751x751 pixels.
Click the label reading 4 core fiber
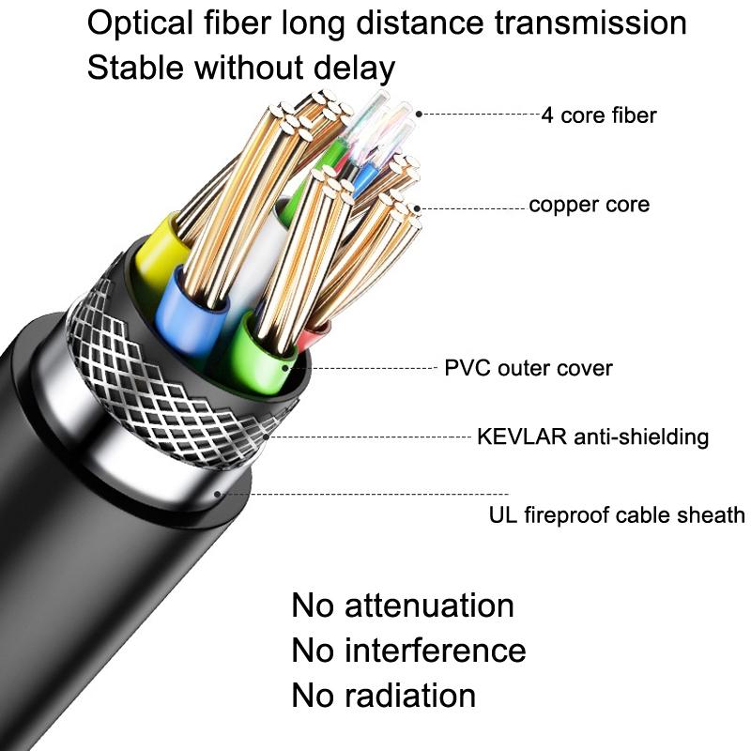click(599, 115)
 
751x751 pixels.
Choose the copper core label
click(589, 205)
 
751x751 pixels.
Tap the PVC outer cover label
click(528, 368)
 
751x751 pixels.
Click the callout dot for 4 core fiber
click(420, 115)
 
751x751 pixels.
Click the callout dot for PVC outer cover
click(303, 368)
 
